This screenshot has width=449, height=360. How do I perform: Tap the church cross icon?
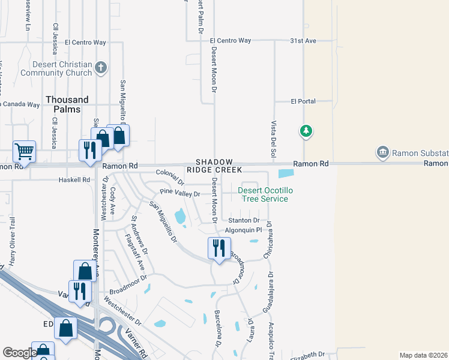(x=101, y=68)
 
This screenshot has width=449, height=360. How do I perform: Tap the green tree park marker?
(x=306, y=131)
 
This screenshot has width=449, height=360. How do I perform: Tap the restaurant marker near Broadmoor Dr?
(x=218, y=247)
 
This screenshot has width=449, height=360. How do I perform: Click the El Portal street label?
(x=303, y=101)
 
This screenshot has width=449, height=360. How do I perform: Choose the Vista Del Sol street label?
(x=273, y=139)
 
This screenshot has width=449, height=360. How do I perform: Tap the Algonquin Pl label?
(x=243, y=230)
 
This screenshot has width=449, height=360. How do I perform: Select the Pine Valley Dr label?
(x=179, y=193)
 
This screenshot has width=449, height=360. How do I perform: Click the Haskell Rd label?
(x=74, y=179)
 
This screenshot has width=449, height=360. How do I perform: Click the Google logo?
(x=19, y=352)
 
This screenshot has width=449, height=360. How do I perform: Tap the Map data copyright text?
(x=423, y=355)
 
